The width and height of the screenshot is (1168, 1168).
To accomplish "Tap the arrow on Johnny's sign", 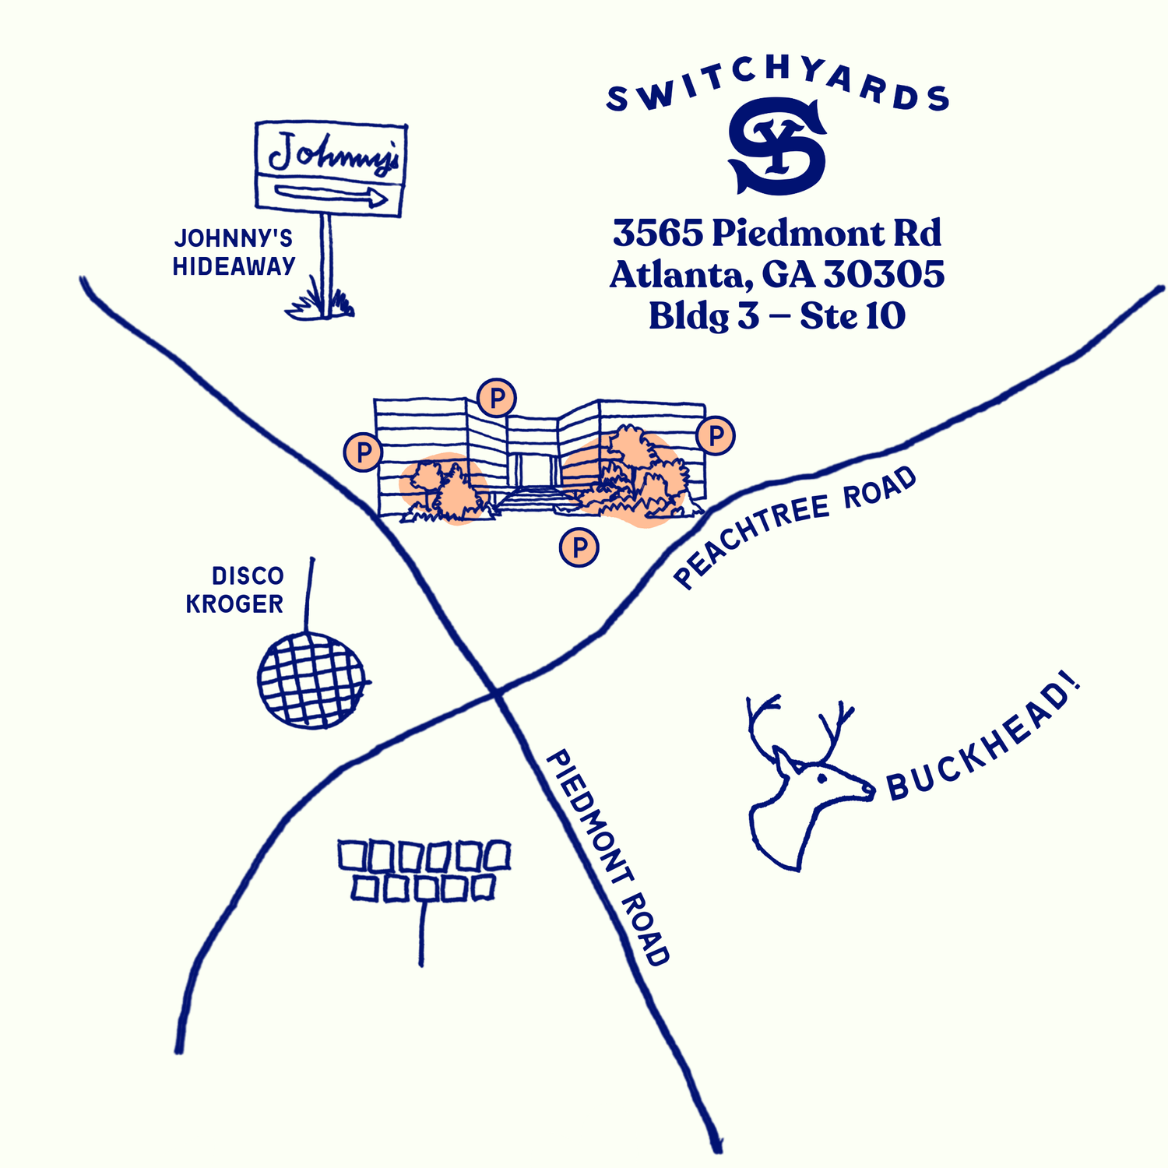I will pos(332,196).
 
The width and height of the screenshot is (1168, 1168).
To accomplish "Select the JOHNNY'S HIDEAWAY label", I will pos(234,252).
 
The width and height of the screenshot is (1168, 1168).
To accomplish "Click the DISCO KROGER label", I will pos(235,589).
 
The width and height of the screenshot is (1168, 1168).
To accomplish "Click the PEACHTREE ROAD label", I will pos(795,527).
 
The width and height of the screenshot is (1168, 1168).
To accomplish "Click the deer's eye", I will pos(821,777).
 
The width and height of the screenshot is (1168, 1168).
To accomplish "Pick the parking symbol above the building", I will pos(497,398).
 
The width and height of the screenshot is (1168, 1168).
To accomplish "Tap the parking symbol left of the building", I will pos(362,452).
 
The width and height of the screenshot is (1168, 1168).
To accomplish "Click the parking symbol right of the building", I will pos(715,435).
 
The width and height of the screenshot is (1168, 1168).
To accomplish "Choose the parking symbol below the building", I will pos(579,547).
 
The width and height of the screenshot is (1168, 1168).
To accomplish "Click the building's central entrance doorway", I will pos(533,470).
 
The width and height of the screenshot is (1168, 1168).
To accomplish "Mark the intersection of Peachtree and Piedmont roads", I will pos(498,691).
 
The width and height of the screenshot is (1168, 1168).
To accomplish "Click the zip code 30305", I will pos(884,274).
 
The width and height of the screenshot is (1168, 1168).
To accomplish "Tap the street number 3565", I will pos(657,233).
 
